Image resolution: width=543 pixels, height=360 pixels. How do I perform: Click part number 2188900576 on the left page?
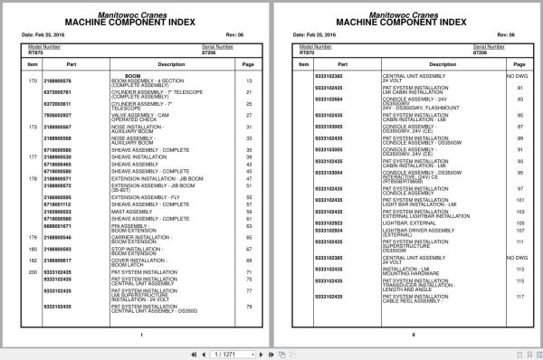click(x=58, y=81)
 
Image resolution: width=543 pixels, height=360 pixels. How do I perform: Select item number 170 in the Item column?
click(x=32, y=81)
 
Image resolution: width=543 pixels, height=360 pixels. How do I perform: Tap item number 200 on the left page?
click(x=32, y=271)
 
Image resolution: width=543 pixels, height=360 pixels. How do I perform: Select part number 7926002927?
click(x=58, y=116)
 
